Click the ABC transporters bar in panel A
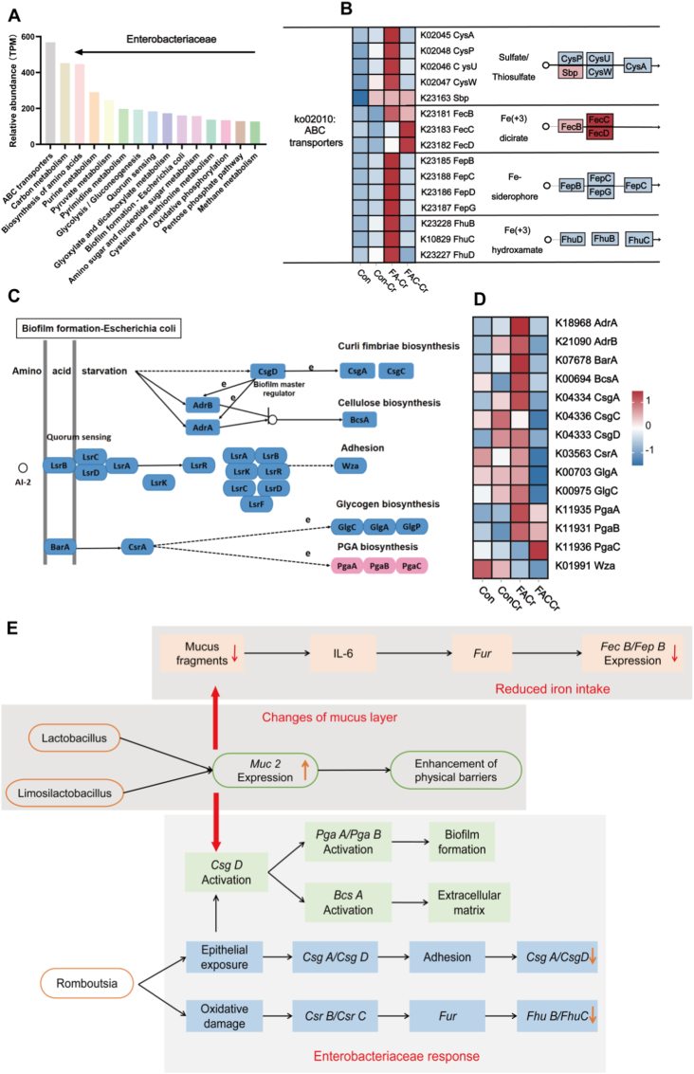point(50,93)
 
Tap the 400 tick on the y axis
point(27,73)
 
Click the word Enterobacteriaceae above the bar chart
point(172,39)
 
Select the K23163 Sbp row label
point(445,98)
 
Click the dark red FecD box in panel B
point(599,133)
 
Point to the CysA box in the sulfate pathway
point(636,66)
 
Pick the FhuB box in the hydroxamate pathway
point(604,238)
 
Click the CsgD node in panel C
point(268,372)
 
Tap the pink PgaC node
point(411,566)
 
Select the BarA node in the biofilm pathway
point(61,547)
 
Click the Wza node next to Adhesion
point(350,465)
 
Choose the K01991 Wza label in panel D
point(584,566)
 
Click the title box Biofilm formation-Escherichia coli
point(99,328)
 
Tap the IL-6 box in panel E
point(343,653)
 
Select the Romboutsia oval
point(87,984)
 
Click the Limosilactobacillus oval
point(64,793)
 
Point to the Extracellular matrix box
point(469,902)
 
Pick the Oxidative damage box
point(224,1016)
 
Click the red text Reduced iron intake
point(552,689)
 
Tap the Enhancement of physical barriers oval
point(456,771)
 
